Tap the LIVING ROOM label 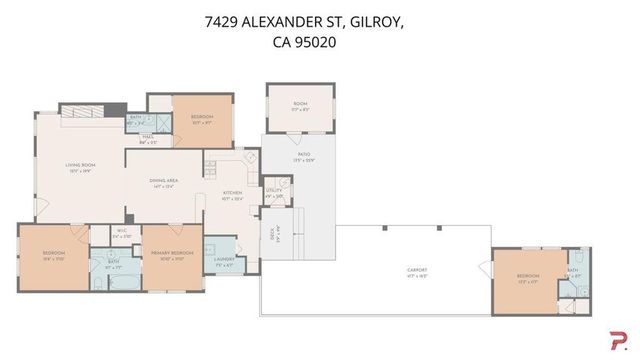(x=79, y=166)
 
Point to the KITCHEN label (x=232, y=193)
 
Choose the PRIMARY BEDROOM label (x=166, y=255)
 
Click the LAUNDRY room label (x=223, y=263)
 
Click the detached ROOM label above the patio (x=299, y=104)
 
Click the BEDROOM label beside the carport (x=528, y=275)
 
